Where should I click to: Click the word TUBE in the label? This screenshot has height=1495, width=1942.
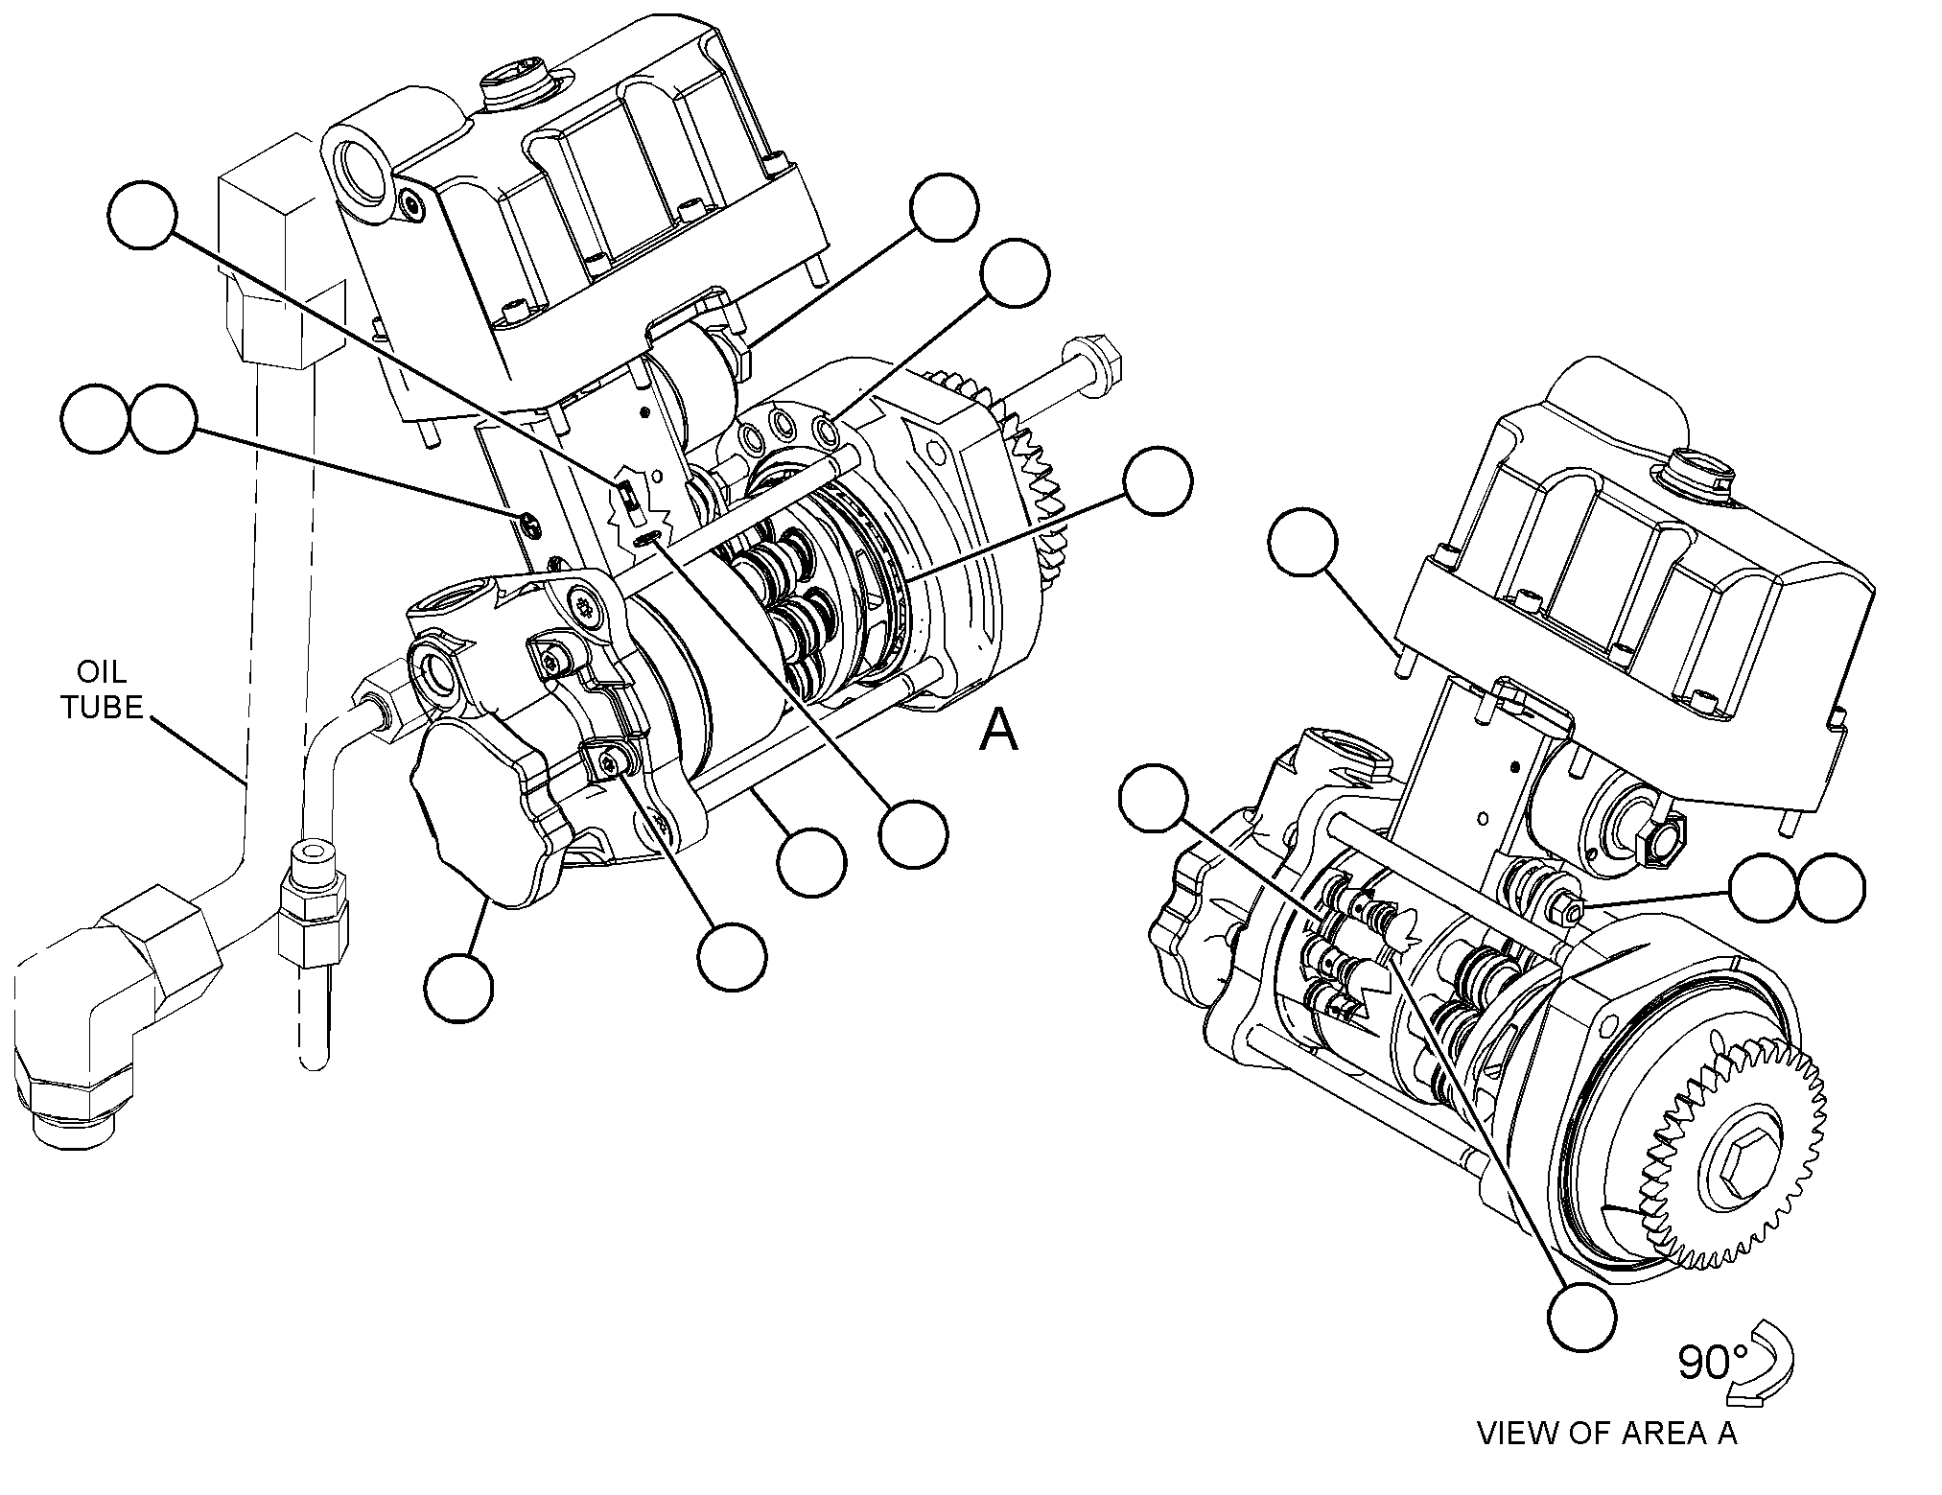103,708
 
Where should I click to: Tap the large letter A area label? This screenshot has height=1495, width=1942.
998,732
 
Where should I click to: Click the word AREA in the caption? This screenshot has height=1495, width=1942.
1662,1460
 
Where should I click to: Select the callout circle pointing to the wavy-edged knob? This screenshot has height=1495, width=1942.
459,988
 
